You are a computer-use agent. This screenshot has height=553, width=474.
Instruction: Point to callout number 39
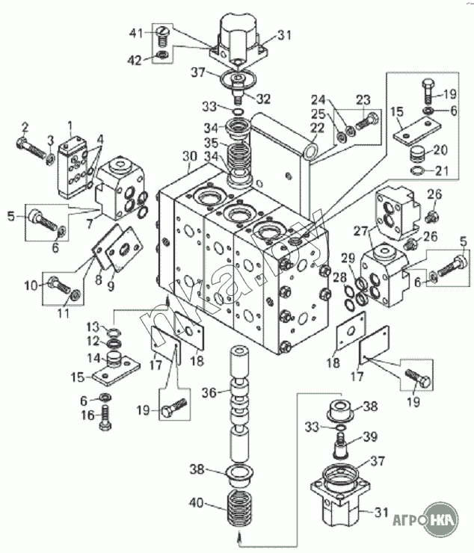click(369, 437)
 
